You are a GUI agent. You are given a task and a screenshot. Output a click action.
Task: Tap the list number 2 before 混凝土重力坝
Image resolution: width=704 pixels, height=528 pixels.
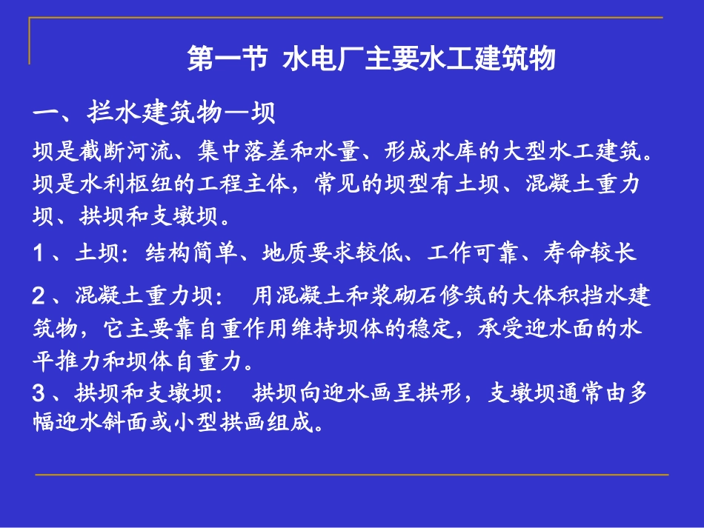(39, 297)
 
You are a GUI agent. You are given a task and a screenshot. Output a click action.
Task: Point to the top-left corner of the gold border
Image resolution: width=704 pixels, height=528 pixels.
(30, 19)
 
